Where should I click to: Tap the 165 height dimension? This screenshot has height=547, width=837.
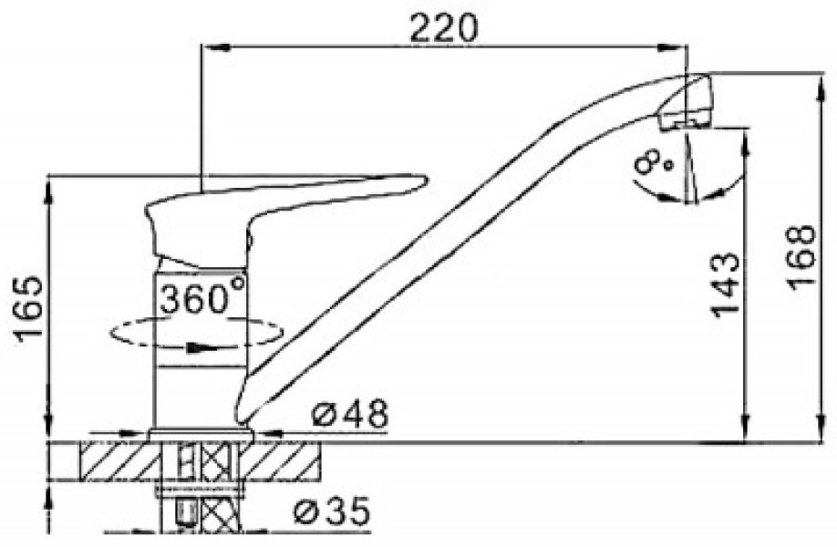pos(28,310)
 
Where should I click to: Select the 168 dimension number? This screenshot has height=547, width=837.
pos(801,258)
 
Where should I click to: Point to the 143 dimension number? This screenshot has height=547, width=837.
pos(725,284)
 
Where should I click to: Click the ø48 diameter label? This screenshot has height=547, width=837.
pos(349,414)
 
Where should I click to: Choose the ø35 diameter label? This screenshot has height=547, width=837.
pos(332,511)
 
